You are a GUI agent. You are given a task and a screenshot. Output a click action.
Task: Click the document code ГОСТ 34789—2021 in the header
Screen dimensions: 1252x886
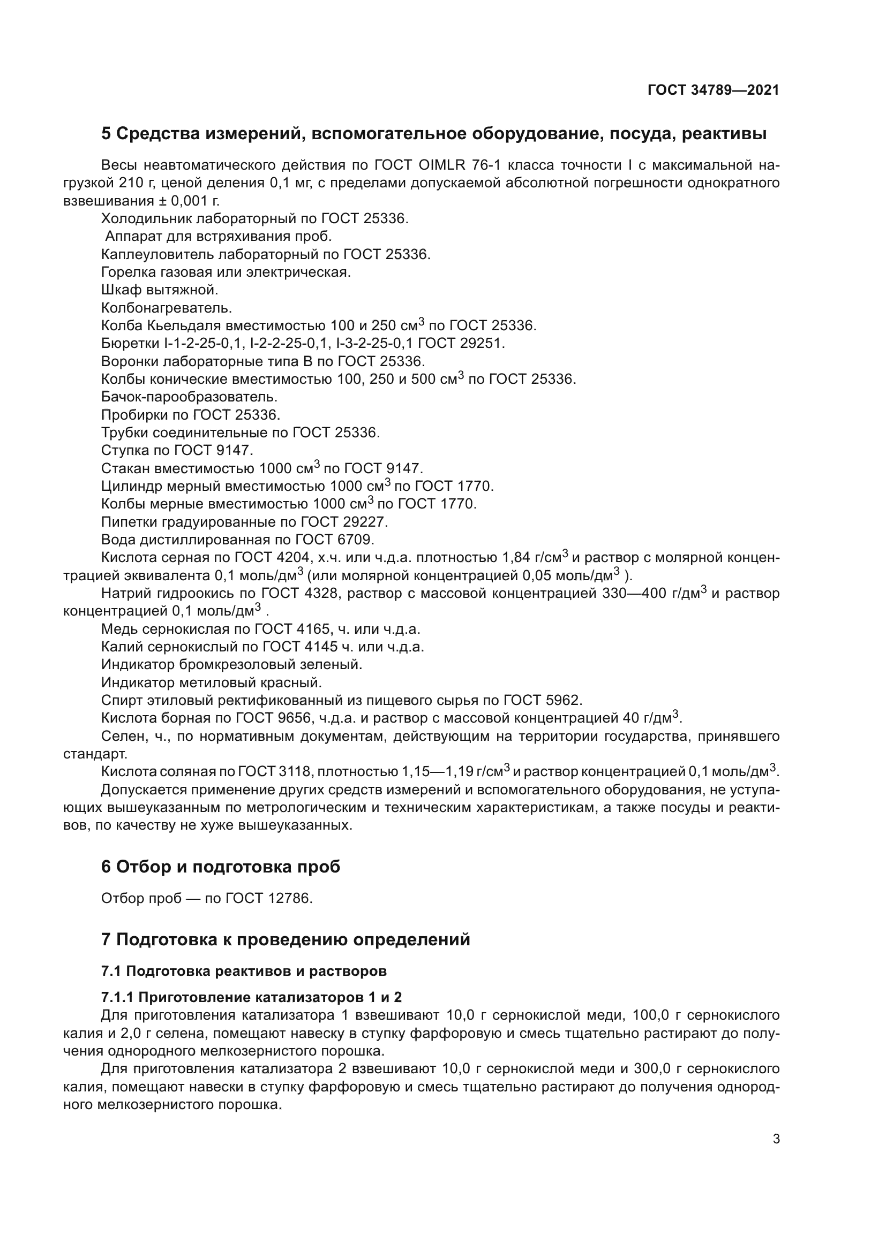pos(713,90)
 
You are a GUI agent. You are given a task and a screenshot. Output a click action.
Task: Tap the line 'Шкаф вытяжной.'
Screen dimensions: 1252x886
pos(159,290)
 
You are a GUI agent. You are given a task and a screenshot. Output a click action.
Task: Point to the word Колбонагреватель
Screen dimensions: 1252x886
pos(167,308)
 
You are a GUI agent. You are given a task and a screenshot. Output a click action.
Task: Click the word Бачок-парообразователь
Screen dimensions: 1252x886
pos(189,397)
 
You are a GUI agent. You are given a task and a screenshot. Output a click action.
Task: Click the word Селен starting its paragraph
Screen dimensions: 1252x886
pos(121,737)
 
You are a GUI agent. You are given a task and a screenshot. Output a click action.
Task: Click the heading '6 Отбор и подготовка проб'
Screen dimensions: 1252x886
pos(220,867)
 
